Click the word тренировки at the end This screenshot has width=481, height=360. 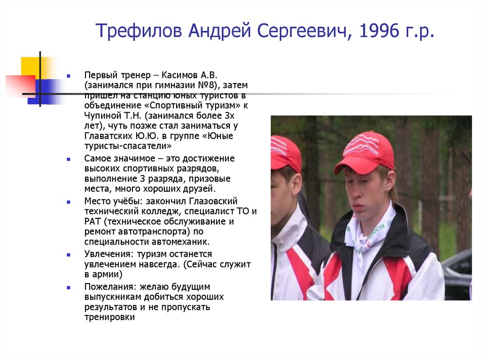[x=110, y=317]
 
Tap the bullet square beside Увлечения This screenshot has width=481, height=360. [x=69, y=254]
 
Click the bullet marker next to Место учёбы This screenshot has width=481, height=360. [x=69, y=201]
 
